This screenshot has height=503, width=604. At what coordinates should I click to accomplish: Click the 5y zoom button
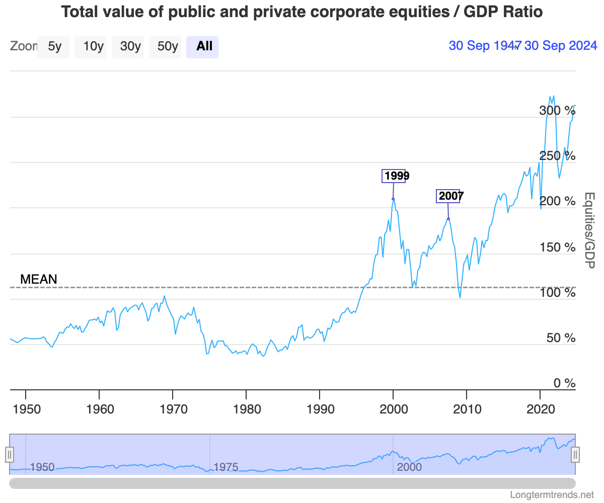(54, 47)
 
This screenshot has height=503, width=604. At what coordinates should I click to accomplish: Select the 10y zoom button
(93, 47)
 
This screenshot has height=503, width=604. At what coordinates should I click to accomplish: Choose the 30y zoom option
(130, 47)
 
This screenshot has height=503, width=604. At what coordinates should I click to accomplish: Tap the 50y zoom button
(167, 47)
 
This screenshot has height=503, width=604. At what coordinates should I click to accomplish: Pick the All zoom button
(204, 47)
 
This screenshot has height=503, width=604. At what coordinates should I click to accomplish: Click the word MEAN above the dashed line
(39, 279)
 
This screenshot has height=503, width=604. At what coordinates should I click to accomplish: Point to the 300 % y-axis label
(557, 111)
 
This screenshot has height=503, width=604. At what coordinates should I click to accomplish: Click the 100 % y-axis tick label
(557, 292)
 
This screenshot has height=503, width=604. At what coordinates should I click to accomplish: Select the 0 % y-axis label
(564, 383)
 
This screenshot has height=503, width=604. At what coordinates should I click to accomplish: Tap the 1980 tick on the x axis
(246, 408)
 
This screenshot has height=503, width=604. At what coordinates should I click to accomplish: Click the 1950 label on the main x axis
(26, 408)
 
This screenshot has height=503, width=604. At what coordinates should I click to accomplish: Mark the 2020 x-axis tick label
(540, 408)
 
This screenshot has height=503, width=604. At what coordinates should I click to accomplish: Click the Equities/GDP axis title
(589, 230)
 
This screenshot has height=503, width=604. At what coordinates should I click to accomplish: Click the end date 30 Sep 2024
(560, 46)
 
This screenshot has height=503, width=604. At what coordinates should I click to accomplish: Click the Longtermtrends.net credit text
(552, 494)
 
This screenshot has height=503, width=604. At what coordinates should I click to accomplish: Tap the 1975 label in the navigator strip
(225, 467)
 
